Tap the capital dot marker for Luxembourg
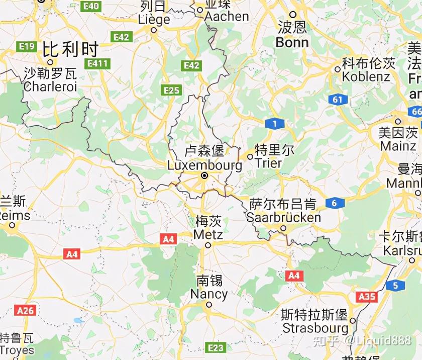click(x=204, y=175)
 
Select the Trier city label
click(x=268, y=163)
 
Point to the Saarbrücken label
click(x=283, y=217)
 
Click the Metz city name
click(x=208, y=234)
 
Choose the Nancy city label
click(x=208, y=294)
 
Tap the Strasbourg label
click(x=315, y=328)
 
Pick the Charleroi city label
click(x=50, y=86)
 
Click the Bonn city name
click(x=292, y=42)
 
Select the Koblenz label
click(x=366, y=76)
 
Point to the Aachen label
click(x=226, y=16)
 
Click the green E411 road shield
click(x=97, y=63)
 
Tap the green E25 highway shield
click(x=171, y=91)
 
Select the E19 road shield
click(x=26, y=47)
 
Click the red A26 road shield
click(x=25, y=310)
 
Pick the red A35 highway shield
click(x=367, y=297)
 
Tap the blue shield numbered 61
click(x=338, y=100)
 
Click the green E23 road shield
click(x=217, y=347)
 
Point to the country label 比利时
click(x=70, y=50)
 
